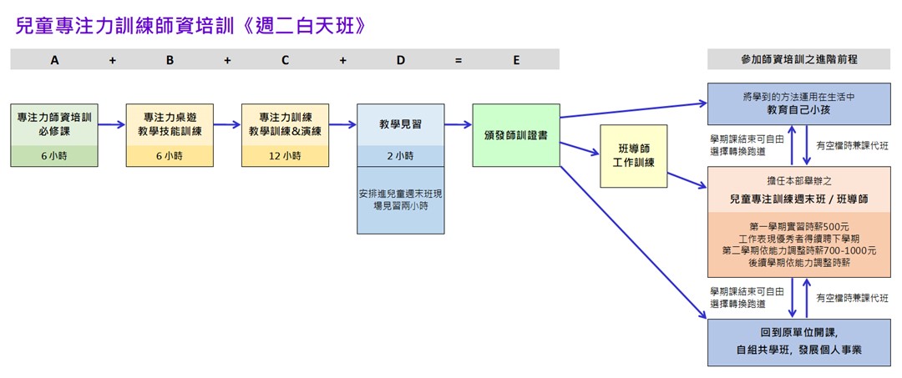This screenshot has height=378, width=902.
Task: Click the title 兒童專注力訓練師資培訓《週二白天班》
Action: click(x=191, y=26)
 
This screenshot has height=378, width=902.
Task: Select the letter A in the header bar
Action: click(x=55, y=60)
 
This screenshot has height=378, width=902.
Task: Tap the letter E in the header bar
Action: click(x=515, y=60)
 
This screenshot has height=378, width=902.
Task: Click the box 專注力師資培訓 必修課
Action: click(x=55, y=124)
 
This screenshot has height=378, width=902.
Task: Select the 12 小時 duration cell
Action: click(x=285, y=156)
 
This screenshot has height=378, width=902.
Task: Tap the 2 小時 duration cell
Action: click(x=400, y=156)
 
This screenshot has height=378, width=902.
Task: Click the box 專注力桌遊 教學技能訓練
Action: click(x=170, y=124)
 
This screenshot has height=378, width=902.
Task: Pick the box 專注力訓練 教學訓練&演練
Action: click(x=285, y=124)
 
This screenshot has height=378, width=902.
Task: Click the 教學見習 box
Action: click(x=400, y=124)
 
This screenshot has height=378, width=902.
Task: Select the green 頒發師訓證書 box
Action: click(x=515, y=135)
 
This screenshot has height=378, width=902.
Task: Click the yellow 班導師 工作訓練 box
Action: click(x=633, y=156)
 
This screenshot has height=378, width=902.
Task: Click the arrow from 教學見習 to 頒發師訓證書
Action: click(x=458, y=125)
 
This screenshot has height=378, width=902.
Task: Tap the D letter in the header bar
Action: click(x=400, y=60)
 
